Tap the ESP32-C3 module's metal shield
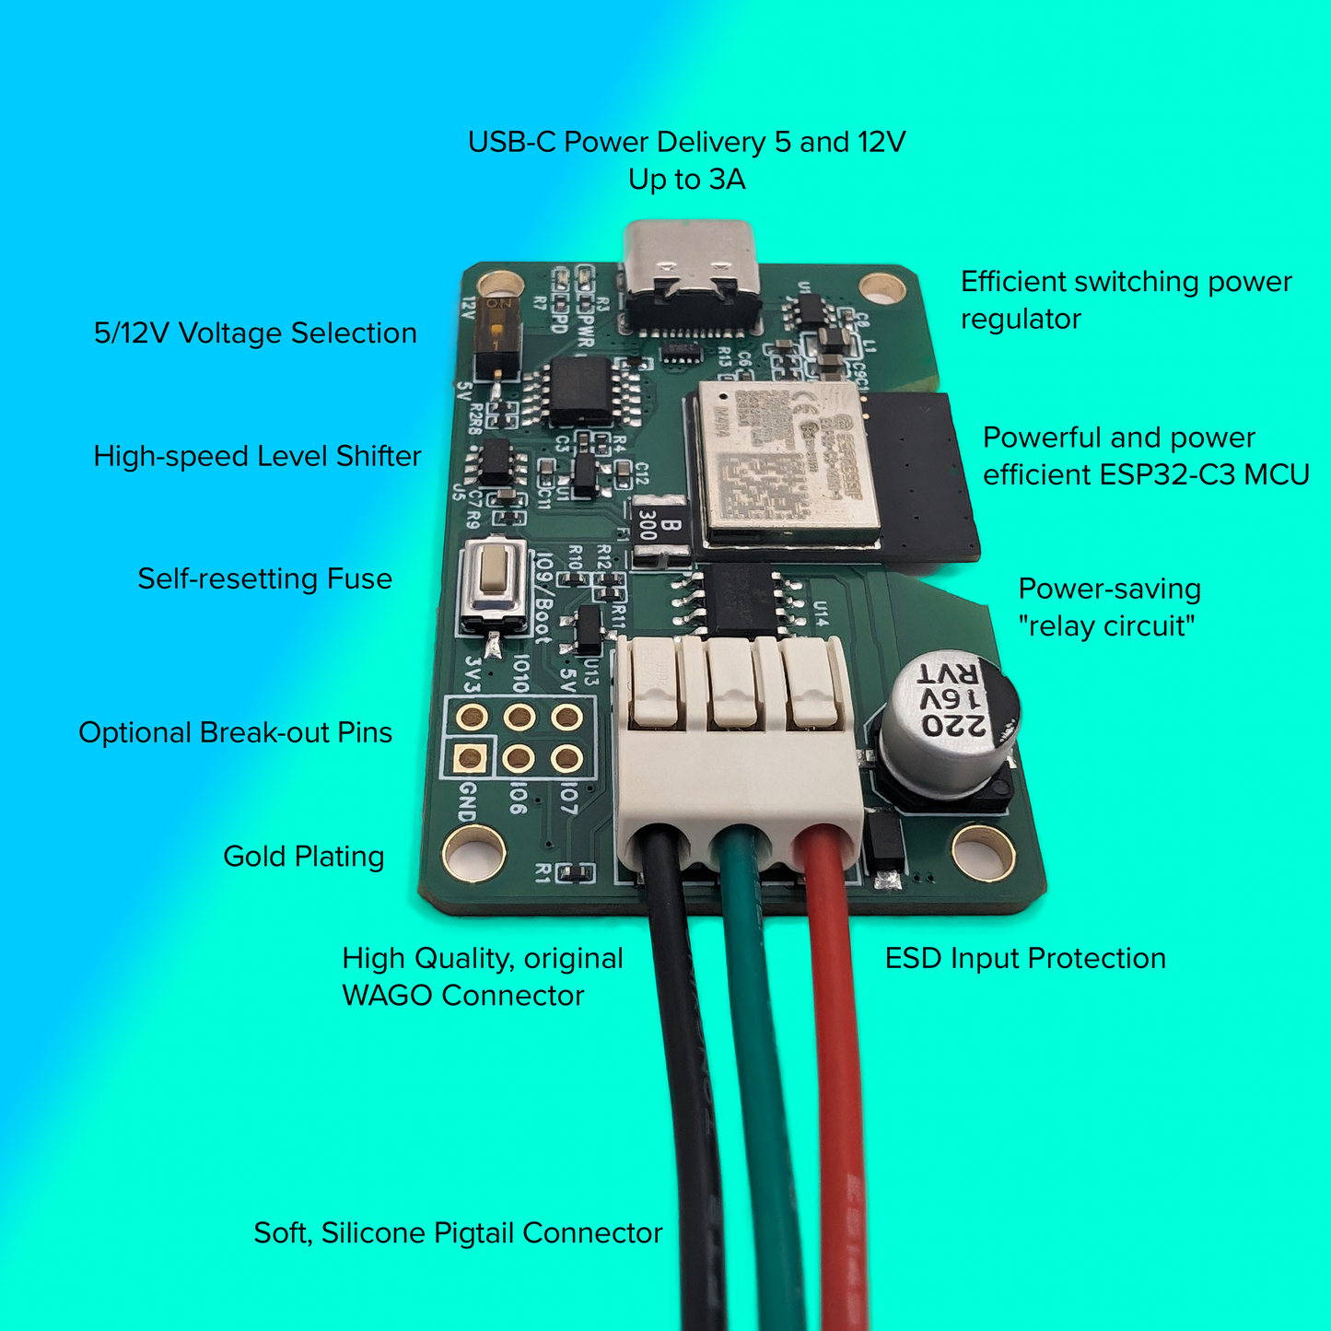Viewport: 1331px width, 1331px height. [x=783, y=461]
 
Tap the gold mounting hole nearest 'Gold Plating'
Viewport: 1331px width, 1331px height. [x=473, y=852]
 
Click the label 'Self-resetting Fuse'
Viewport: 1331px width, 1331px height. [x=264, y=578]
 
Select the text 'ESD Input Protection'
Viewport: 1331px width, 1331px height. [x=1024, y=958]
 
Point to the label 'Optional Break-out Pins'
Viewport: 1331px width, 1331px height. [x=235, y=732]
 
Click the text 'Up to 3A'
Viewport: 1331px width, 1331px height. [x=686, y=179]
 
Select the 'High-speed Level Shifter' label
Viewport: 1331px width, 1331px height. [x=257, y=456]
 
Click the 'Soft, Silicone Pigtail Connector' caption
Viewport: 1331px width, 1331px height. [x=458, y=1232]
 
